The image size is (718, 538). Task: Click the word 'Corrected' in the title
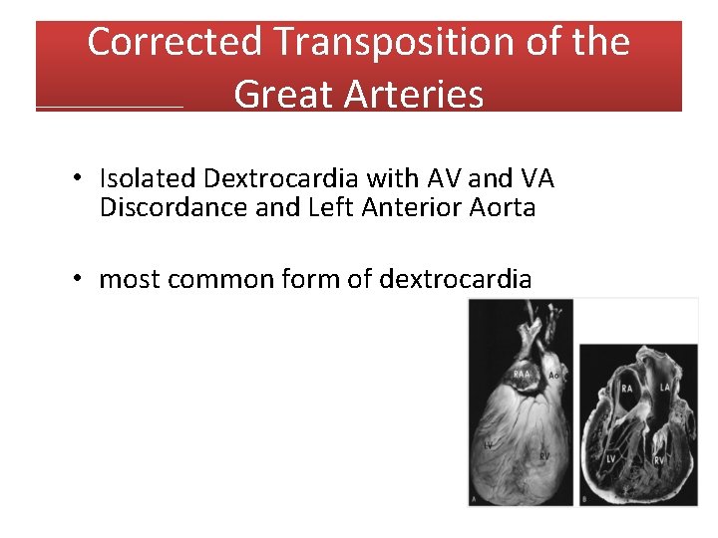point(175,42)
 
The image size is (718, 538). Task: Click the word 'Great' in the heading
point(281,95)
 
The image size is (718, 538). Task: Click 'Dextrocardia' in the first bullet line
point(282,178)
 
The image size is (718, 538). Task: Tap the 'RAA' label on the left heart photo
point(523,375)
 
